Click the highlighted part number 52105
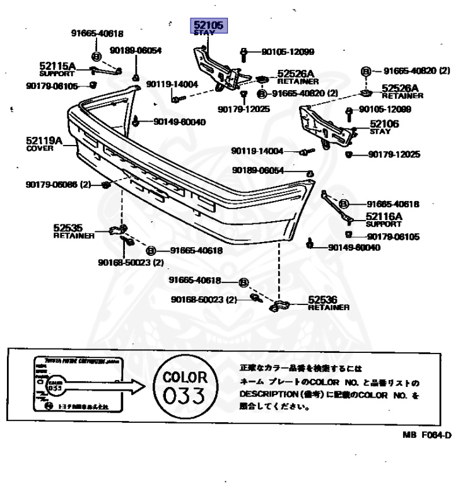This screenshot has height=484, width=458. tap(209, 25)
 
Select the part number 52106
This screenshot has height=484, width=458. tap(384, 124)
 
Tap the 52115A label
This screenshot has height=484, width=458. tap(57, 66)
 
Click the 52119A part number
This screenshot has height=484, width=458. tap(44, 141)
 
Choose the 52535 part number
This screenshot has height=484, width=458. tap(68, 228)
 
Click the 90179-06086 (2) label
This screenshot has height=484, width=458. tap(59, 185)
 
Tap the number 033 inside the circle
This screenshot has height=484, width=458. tap(184, 396)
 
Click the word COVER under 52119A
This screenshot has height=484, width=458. tap(40, 149)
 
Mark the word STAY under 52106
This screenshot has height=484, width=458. tap(380, 132)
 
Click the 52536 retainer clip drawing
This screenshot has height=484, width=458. tap(279, 306)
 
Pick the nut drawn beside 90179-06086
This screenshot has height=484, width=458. tap(106, 185)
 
